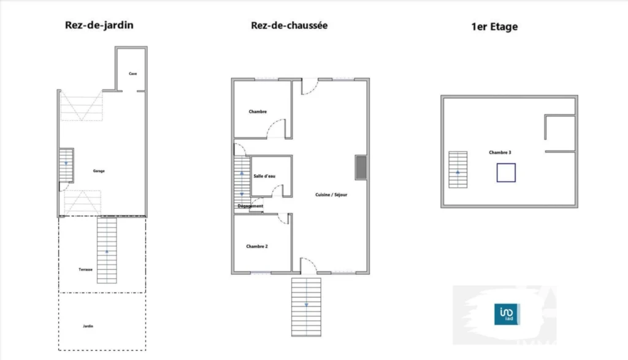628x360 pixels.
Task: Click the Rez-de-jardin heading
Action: pyautogui.click(x=99, y=25)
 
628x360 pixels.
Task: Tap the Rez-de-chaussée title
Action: pyautogui.click(x=289, y=25)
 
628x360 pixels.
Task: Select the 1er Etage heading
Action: pyautogui.click(x=494, y=27)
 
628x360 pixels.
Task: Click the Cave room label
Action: pyautogui.click(x=133, y=74)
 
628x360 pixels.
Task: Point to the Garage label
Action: pyautogui.click(x=99, y=171)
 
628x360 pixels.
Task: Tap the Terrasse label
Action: pyautogui.click(x=86, y=269)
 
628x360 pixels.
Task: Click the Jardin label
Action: pyautogui.click(x=88, y=326)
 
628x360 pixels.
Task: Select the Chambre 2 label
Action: pyautogui.click(x=257, y=247)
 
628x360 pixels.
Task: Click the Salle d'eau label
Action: pyautogui.click(x=264, y=176)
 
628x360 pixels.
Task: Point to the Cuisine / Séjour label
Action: pyautogui.click(x=331, y=194)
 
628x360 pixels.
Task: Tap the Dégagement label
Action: pyautogui.click(x=250, y=206)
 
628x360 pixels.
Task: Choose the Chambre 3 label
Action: pyautogui.click(x=500, y=153)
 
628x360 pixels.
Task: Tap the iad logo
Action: pyautogui.click(x=507, y=315)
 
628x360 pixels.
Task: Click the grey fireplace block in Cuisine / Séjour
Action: pyautogui.click(x=361, y=167)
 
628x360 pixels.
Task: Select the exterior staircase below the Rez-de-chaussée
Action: pyautogui.click(x=307, y=307)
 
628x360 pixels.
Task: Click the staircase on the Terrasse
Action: pyautogui.click(x=107, y=250)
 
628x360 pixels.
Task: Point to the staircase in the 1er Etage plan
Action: pyautogui.click(x=458, y=169)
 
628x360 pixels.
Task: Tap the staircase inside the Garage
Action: pyautogui.click(x=66, y=166)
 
